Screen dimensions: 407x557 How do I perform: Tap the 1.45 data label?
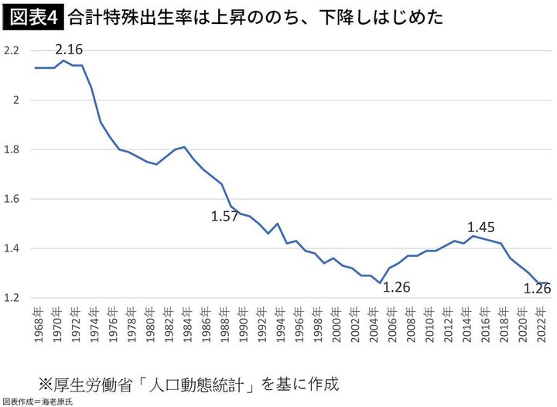480,227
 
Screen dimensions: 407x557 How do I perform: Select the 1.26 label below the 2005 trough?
396,288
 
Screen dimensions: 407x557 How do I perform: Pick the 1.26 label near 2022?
537,289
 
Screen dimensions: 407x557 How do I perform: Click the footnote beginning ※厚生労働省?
189,384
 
